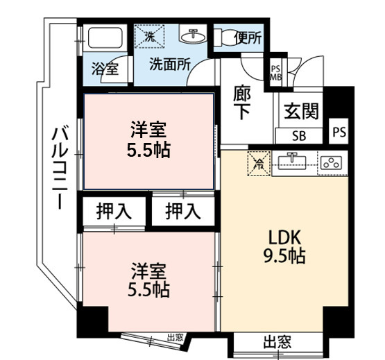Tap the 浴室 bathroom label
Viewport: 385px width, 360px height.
coord(105,69)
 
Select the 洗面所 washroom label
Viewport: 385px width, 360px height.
coord(171,65)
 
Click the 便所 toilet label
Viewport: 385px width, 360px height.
coord(248,38)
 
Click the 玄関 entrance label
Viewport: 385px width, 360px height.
coord(301,111)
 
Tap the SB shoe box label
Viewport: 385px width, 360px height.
coord(299,135)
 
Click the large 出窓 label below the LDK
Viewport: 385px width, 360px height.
coord(277,342)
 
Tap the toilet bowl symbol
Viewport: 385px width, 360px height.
coord(225,37)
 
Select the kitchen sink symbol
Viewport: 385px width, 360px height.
coord(294,164)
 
